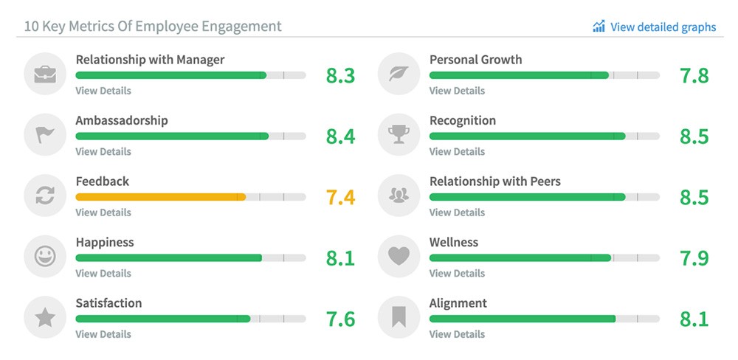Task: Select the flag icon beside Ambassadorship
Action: pyautogui.click(x=45, y=135)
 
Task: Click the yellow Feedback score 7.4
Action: pyautogui.click(x=340, y=198)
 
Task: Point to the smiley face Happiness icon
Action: pyautogui.click(x=45, y=257)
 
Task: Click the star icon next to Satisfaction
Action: pyautogui.click(x=45, y=318)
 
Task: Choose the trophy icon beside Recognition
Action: pyautogui.click(x=399, y=135)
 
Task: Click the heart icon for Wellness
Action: pyautogui.click(x=399, y=257)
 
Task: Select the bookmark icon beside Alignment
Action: pyautogui.click(x=399, y=318)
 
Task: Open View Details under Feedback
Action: pyautogui.click(x=103, y=212)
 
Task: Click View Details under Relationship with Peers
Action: pyautogui.click(x=457, y=212)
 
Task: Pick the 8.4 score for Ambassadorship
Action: pyautogui.click(x=340, y=136)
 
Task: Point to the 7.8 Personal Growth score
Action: pyautogui.click(x=694, y=76)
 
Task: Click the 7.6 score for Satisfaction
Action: pyautogui.click(x=340, y=319)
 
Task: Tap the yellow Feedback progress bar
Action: pyautogui.click(x=160, y=197)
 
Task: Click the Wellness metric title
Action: pyautogui.click(x=454, y=242)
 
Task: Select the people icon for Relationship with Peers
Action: pyautogui.click(x=399, y=195)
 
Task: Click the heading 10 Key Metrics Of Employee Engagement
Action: pyautogui.click(x=153, y=27)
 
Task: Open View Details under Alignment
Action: pyautogui.click(x=457, y=334)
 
